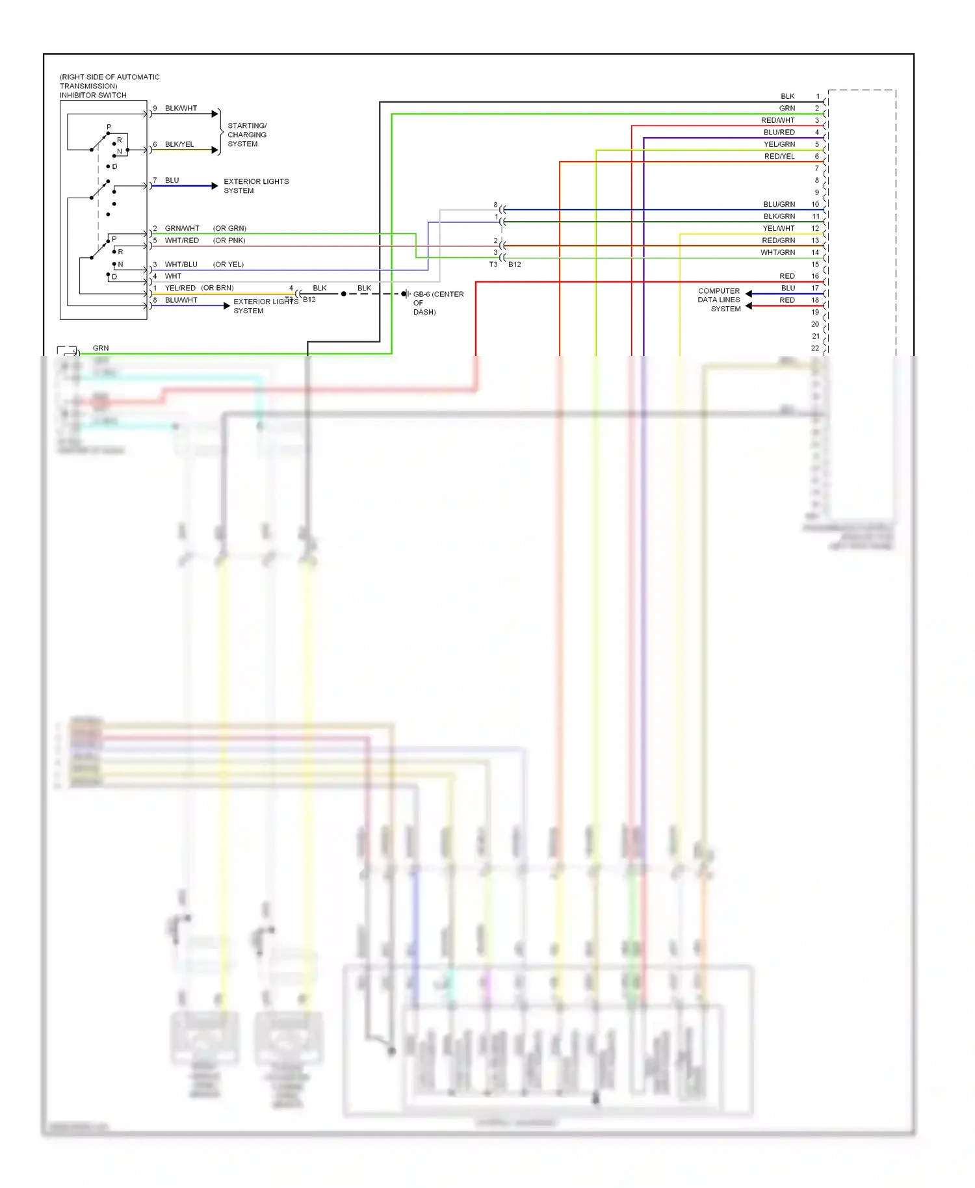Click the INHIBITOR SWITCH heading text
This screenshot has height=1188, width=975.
click(x=93, y=95)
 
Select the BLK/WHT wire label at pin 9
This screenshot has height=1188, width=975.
click(x=181, y=108)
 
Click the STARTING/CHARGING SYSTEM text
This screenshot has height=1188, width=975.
click(x=246, y=135)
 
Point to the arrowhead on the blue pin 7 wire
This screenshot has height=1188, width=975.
click(x=214, y=186)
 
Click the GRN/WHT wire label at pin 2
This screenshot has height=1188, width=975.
click(x=182, y=228)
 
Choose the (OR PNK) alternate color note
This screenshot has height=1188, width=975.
click(x=229, y=240)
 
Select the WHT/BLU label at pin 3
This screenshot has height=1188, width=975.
click(x=181, y=265)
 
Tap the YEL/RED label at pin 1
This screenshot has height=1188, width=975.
click(x=180, y=288)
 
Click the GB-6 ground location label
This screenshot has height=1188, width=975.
click(x=437, y=302)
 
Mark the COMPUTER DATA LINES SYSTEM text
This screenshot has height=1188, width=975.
click(x=719, y=300)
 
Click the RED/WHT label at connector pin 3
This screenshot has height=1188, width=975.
click(x=777, y=120)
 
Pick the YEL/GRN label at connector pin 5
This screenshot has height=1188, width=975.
click(x=779, y=144)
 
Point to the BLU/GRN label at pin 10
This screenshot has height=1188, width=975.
click(x=779, y=204)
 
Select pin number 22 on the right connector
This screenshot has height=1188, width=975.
click(x=814, y=348)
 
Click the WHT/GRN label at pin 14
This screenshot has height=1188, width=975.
click(x=777, y=252)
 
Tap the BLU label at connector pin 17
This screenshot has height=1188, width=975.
click(x=788, y=288)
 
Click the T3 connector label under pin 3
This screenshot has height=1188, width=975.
click(x=493, y=265)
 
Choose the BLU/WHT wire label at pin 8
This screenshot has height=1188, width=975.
click(x=181, y=300)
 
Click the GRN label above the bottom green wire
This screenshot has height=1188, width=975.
click(x=101, y=348)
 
